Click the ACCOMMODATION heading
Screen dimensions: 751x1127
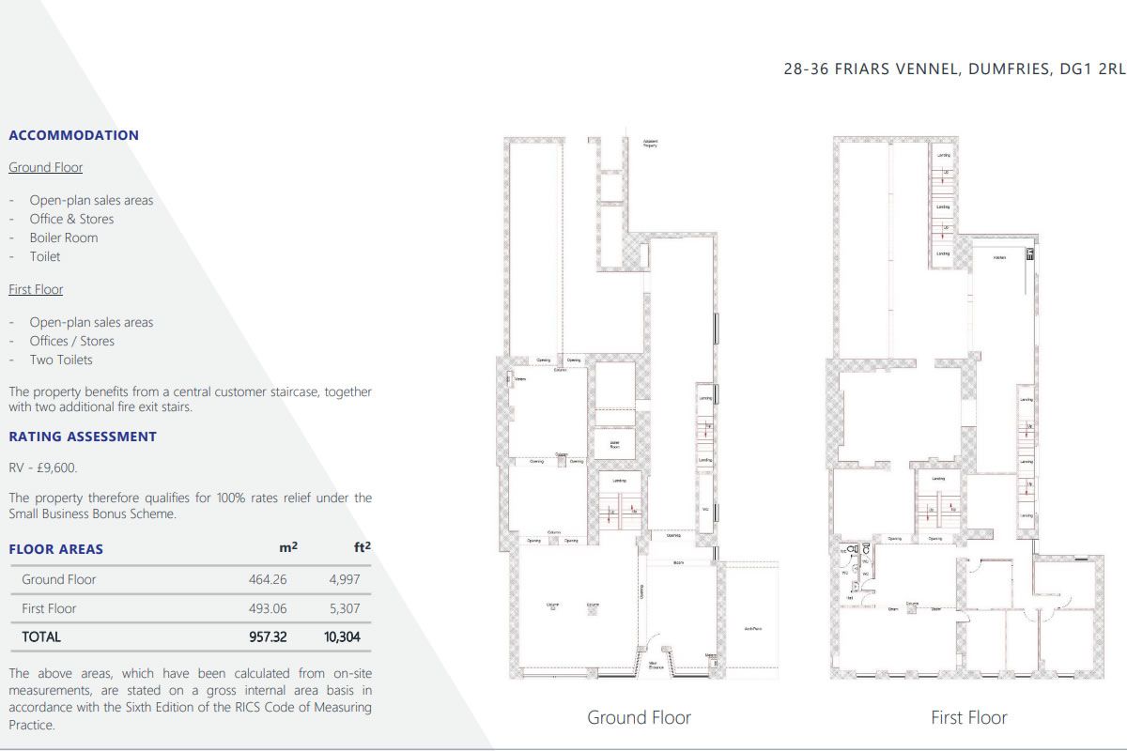point(73,135)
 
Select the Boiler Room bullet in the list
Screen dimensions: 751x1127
point(63,238)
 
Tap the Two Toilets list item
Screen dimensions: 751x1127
point(60,360)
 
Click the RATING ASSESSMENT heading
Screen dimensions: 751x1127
point(83,437)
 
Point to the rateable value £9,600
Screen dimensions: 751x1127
point(43,467)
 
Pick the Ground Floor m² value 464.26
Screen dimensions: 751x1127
point(268,579)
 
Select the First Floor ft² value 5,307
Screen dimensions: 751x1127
point(344,608)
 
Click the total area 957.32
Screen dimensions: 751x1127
point(268,636)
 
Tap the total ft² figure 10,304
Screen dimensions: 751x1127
point(342,636)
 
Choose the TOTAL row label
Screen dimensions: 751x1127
point(41,636)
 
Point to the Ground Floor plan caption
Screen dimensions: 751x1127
point(639,717)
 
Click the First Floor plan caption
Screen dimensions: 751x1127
point(968,717)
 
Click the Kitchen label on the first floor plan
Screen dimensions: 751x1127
point(1000,257)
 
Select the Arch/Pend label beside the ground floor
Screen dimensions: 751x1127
point(752,628)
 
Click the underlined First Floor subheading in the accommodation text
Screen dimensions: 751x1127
point(36,289)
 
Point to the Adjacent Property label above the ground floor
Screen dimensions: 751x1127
point(650,144)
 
